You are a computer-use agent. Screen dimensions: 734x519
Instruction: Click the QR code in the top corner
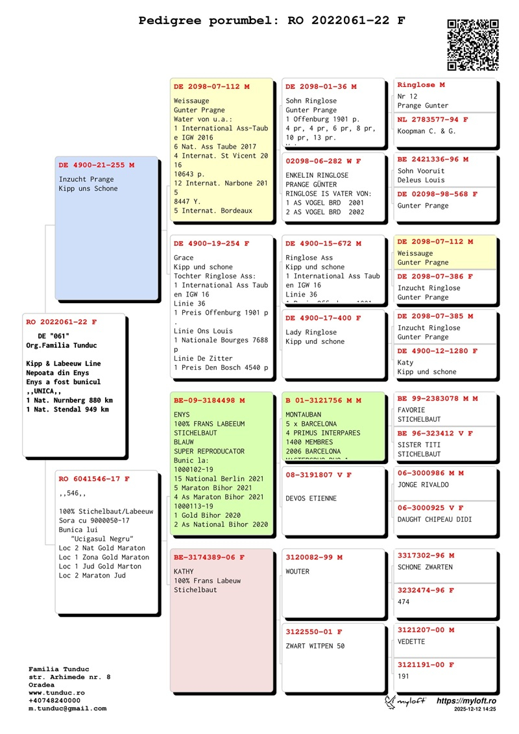click(x=473, y=45)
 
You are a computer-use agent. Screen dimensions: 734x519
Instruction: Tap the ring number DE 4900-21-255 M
click(x=97, y=165)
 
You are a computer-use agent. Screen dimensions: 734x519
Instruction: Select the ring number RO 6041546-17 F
click(x=94, y=479)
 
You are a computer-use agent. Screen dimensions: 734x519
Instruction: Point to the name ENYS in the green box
click(x=182, y=413)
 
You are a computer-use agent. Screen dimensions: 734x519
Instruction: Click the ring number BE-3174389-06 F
click(x=209, y=557)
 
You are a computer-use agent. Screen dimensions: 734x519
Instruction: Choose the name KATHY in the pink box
click(x=184, y=571)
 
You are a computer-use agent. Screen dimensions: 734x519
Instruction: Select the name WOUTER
click(x=298, y=572)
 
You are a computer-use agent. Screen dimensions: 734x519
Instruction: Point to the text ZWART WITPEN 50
click(x=315, y=646)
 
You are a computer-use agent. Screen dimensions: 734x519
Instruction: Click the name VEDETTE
click(x=411, y=642)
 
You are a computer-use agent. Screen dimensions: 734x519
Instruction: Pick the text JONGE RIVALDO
click(x=423, y=485)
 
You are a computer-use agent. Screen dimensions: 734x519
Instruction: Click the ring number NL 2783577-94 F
click(x=433, y=120)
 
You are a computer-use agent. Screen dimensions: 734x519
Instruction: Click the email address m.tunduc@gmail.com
click(x=67, y=709)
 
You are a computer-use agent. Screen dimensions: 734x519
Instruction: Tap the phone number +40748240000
click(x=54, y=701)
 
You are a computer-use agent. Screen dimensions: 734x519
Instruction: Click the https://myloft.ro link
click(x=466, y=701)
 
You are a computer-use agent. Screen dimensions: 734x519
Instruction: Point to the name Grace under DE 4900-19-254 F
click(x=184, y=258)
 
